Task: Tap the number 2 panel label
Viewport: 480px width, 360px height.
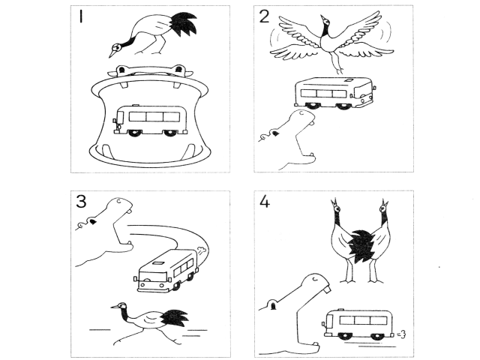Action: tap(264, 17)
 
